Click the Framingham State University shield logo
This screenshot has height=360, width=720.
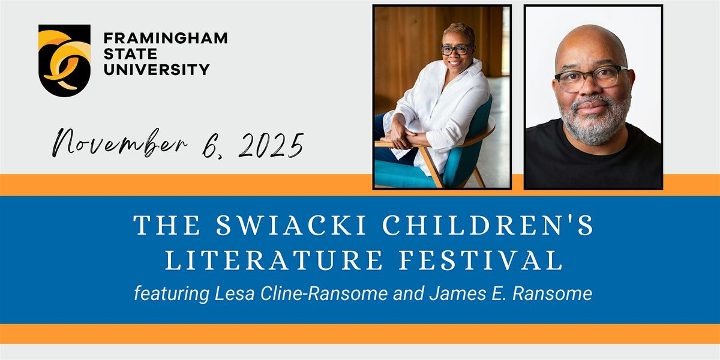64,59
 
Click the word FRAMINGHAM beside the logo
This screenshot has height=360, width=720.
166,38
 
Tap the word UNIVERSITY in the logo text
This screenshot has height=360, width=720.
157,69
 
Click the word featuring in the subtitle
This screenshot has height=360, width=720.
170,294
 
